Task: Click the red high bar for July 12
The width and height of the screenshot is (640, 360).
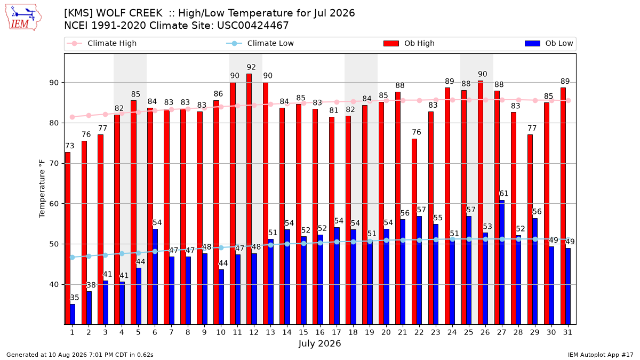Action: click(249, 199)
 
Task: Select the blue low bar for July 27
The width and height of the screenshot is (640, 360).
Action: click(502, 262)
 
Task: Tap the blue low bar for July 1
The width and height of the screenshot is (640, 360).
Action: click(73, 314)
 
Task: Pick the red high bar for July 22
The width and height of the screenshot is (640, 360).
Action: click(414, 231)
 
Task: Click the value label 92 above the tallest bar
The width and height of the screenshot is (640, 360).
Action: click(251, 67)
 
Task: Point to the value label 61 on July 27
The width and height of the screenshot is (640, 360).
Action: click(503, 194)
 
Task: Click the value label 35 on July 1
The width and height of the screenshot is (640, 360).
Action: click(74, 298)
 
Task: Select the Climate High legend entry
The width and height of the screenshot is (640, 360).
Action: click(102, 43)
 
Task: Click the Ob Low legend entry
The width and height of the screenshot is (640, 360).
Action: click(549, 43)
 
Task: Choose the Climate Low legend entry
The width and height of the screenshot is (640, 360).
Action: click(260, 43)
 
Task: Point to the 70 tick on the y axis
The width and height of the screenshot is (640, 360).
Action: click(54, 163)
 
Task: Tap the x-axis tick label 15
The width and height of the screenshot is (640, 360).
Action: click(303, 332)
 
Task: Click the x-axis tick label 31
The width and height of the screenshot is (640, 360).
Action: click(567, 332)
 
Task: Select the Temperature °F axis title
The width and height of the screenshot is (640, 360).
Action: click(42, 189)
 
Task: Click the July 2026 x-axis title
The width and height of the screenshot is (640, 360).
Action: click(319, 343)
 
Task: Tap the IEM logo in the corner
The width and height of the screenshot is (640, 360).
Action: click(23, 18)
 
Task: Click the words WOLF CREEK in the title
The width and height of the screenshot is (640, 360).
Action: click(129, 13)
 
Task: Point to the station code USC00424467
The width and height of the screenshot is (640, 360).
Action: click(253, 26)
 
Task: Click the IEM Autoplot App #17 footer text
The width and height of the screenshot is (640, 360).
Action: click(601, 355)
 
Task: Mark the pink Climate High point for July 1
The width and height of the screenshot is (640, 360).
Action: click(73, 117)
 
